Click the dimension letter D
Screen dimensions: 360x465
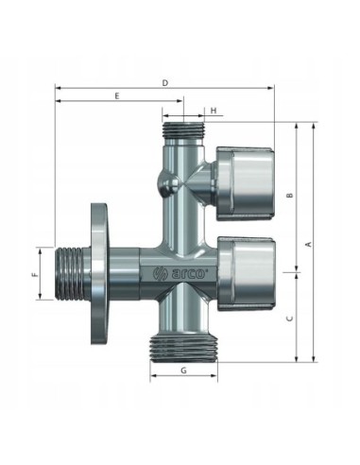pyautogui.click(x=165, y=83)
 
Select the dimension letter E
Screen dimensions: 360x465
pyautogui.click(x=117, y=96)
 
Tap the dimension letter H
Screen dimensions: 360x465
pyautogui.click(x=214, y=111)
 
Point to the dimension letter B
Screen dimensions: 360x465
pyautogui.click(x=290, y=195)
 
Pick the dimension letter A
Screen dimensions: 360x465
pyautogui.click(x=309, y=244)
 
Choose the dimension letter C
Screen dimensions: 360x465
pyautogui.click(x=290, y=319)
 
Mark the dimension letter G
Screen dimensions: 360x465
pyautogui.click(x=183, y=370)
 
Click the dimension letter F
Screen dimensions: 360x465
pyautogui.click(x=34, y=274)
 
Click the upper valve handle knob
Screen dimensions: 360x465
pyautogui.click(x=245, y=183)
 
